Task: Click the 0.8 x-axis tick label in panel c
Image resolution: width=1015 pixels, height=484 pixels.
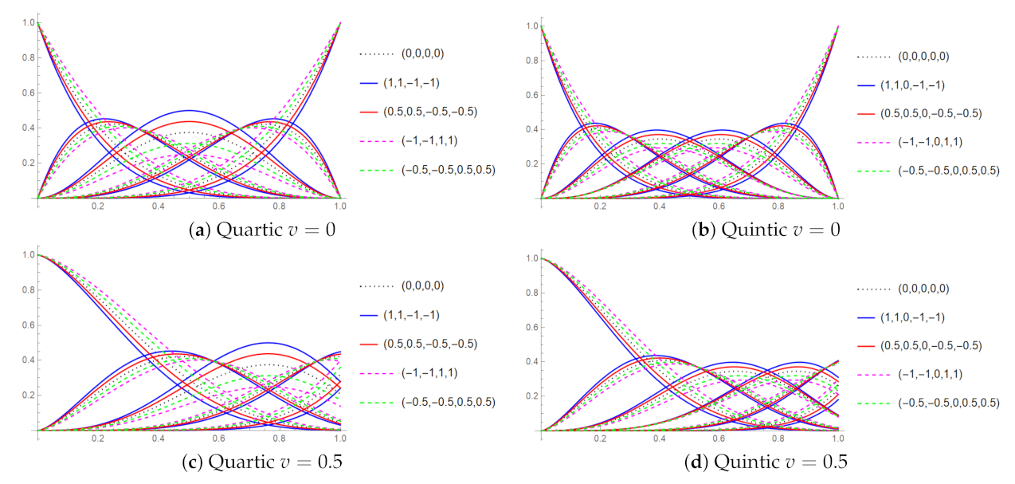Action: click(x=279, y=439)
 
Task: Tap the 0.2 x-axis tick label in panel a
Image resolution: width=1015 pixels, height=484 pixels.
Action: click(x=98, y=206)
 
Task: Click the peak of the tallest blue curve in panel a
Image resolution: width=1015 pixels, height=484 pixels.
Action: click(x=189, y=110)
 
